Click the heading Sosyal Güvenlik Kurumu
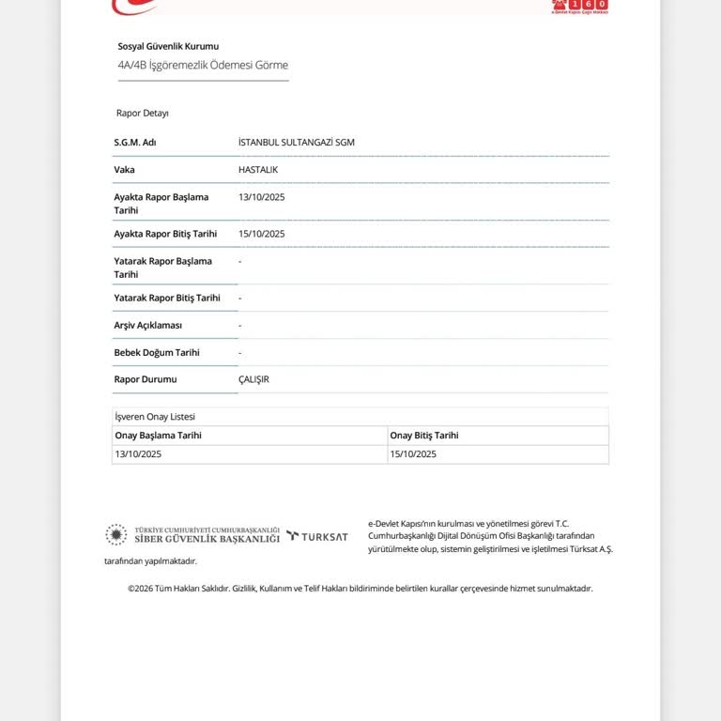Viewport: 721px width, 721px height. [168, 46]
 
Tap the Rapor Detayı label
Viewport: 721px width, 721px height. [143, 113]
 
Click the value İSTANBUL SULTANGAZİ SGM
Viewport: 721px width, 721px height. [297, 143]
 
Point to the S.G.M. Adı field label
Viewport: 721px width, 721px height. [135, 143]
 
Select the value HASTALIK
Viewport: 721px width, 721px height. [258, 170]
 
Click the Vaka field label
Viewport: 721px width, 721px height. [125, 170]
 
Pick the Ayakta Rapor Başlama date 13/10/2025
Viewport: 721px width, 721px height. [262, 197]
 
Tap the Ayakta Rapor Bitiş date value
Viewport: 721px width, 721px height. [262, 234]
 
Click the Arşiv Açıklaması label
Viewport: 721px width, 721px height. [148, 325]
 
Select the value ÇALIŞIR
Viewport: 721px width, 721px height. [253, 379]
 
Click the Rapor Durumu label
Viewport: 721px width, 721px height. [146, 379]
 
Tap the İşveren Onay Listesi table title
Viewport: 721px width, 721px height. [155, 416]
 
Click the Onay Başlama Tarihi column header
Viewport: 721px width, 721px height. [158, 436]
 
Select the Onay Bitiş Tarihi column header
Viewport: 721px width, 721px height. [424, 436]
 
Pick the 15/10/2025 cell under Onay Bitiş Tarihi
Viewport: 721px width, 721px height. [413, 454]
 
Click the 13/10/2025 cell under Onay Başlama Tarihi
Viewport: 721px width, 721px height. [138, 454]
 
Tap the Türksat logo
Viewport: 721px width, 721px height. [317, 536]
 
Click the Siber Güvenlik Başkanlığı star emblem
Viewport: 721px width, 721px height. [115, 535]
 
